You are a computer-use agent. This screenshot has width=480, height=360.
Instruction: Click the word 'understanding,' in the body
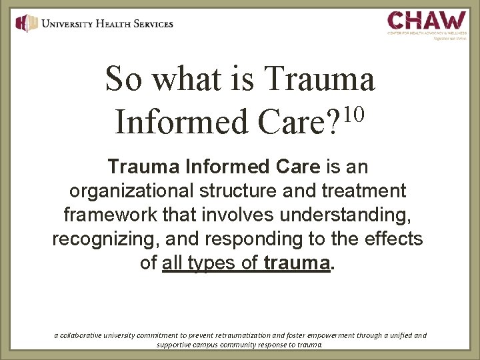coord(357,215)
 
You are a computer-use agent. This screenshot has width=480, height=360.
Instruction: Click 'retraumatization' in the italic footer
coord(244,335)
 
